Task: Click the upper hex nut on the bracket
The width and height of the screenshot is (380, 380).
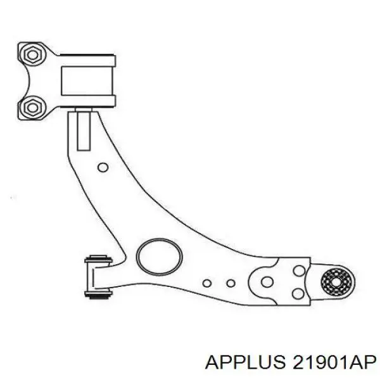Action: [32, 54]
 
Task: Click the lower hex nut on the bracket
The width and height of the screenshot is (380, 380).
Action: [32, 108]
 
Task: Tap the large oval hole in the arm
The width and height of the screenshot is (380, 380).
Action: [159, 258]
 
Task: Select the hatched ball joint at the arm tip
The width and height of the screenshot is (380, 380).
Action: [336, 282]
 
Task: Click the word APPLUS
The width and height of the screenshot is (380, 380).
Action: [245, 363]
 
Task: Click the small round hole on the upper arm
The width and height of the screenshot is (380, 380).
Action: [103, 167]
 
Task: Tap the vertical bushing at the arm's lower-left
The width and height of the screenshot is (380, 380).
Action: [98, 276]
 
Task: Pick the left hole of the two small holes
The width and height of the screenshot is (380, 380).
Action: [206, 283]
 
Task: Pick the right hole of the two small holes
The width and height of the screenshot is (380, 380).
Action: [231, 283]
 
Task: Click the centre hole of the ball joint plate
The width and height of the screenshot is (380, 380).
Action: [267, 282]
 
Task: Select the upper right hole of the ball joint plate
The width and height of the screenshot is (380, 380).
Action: [299, 270]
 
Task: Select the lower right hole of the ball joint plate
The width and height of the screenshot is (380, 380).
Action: [298, 294]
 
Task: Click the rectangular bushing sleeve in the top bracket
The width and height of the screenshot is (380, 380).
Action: [87, 81]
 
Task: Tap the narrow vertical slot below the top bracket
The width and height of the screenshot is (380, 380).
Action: [84, 131]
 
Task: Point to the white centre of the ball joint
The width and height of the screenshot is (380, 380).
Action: [336, 282]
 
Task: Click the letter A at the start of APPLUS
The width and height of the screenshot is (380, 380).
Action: [213, 363]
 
